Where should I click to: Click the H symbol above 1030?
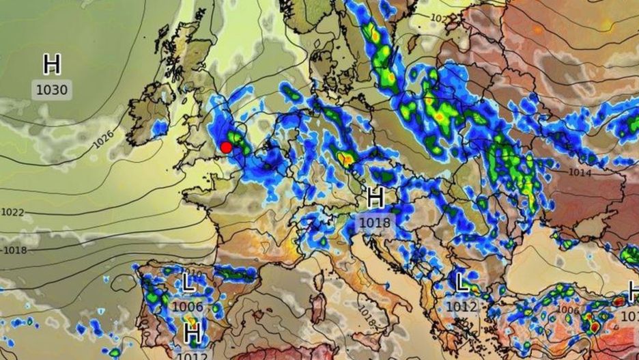tap(52, 65)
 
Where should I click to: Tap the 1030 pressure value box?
tap(53, 89)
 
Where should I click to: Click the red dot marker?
tap(226, 147)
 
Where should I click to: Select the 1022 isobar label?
tap(12, 212)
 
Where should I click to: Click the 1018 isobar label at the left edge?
tap(14, 251)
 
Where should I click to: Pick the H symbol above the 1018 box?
tap(375, 199)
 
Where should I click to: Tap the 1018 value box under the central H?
tap(375, 223)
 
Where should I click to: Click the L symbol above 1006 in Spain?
tap(188, 283)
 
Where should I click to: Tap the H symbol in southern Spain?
tap(192, 334)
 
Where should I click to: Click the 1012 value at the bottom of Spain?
tap(192, 355)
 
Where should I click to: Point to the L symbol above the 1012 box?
tap(462, 283)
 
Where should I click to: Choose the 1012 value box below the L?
tap(462, 307)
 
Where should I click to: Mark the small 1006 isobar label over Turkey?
tap(567, 309)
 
